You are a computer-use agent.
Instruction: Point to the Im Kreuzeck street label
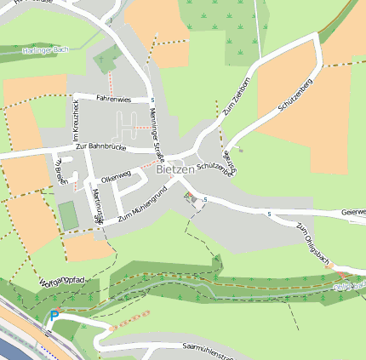tap(76, 124)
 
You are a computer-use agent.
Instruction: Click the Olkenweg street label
tap(115, 179)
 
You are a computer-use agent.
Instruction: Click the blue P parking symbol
tap(54, 317)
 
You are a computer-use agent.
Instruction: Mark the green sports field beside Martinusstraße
tap(68, 215)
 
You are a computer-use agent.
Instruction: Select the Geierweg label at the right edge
tap(352, 212)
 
